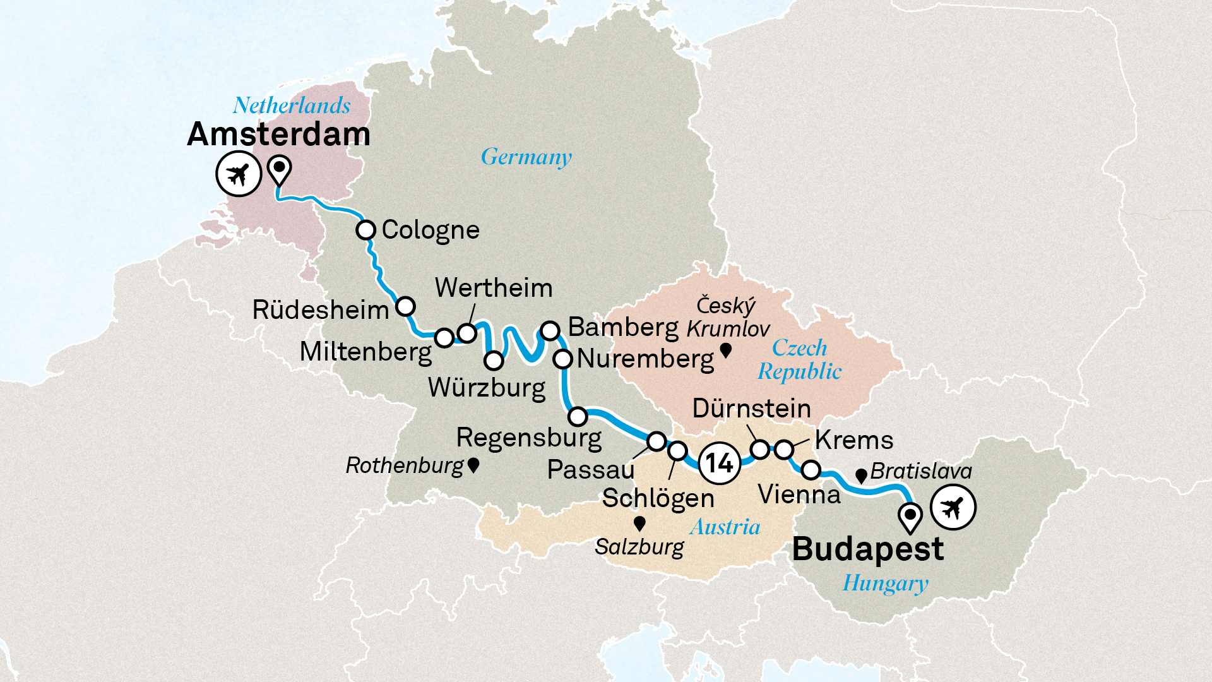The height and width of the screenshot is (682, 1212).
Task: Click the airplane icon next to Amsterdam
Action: point(239,174)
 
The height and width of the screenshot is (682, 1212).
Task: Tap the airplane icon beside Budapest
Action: point(953,506)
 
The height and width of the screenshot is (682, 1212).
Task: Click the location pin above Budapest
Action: point(910,517)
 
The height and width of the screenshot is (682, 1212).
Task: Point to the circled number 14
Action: point(719,464)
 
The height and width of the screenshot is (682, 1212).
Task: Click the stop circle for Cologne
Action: point(365,230)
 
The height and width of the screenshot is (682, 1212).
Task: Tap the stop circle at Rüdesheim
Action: point(405,307)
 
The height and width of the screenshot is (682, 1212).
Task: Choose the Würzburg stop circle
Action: point(494,361)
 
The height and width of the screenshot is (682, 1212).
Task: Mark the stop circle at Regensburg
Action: point(578,417)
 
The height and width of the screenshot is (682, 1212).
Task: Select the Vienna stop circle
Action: point(811,470)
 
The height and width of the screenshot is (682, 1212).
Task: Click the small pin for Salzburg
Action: point(639,523)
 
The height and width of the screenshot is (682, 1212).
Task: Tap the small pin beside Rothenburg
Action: point(473,465)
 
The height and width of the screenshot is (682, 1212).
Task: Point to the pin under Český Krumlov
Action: point(726,349)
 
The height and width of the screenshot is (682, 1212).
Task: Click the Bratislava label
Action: point(921,471)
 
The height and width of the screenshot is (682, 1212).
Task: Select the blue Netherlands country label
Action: point(292,105)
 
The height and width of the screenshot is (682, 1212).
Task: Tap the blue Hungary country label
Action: point(885,583)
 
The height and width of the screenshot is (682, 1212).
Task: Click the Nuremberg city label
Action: point(645,359)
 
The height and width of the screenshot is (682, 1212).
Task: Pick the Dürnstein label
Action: point(751,409)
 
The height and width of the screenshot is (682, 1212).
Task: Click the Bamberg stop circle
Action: point(550,330)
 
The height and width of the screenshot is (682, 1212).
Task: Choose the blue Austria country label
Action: point(725,527)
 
